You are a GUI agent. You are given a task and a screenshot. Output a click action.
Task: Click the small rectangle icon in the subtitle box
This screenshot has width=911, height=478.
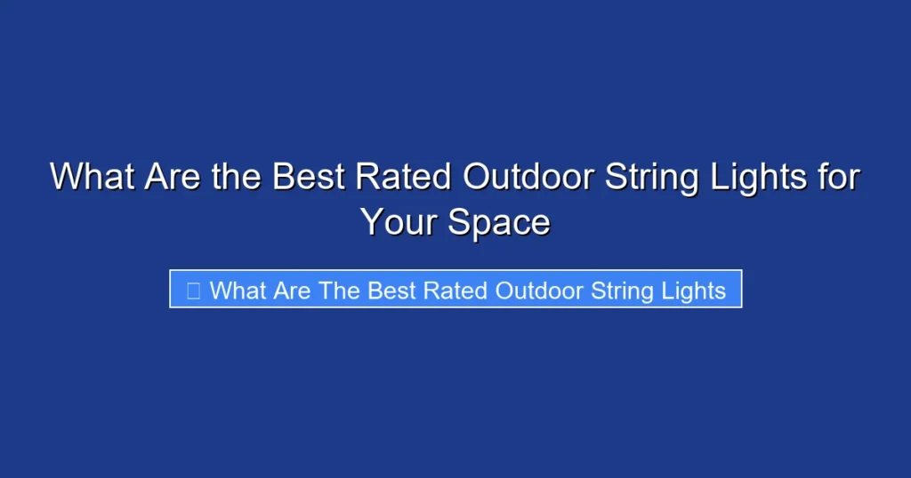click(193, 291)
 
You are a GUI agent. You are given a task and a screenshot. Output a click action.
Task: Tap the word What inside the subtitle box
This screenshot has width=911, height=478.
click(239, 291)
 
